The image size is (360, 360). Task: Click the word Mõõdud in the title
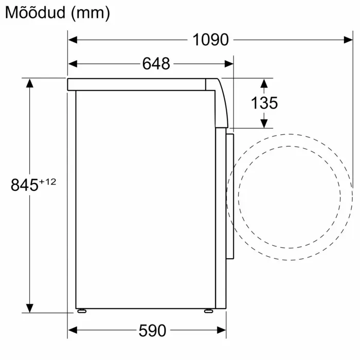click(35, 13)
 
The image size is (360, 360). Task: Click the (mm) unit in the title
click(91, 13)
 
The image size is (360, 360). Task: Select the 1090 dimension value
click(210, 40)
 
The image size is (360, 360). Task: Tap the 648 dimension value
click(156, 64)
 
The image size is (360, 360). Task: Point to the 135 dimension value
click(264, 103)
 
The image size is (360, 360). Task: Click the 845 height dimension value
click(24, 185)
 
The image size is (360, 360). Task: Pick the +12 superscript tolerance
click(47, 182)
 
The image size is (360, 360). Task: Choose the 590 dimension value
click(152, 330)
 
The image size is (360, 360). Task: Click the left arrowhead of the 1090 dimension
click(73, 40)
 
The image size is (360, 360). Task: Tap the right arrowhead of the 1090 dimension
click(348, 40)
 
